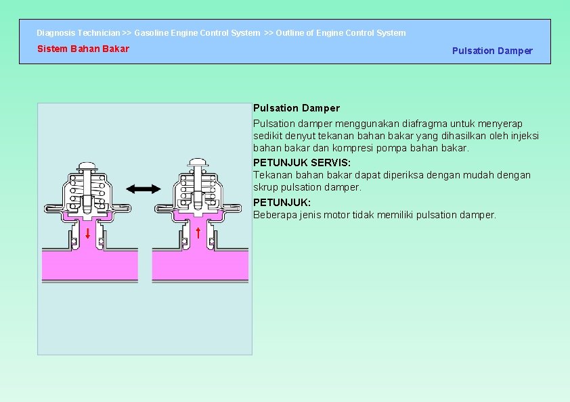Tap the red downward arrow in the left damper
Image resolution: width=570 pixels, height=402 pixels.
click(88, 234)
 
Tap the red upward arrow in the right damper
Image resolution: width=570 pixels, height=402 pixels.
click(197, 234)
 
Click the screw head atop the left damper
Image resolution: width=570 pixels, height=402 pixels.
click(87, 165)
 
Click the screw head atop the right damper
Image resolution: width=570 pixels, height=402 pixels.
click(197, 162)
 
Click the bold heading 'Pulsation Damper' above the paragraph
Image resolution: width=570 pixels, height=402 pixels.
click(297, 108)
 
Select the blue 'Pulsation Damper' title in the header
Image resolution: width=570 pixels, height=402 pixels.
click(492, 51)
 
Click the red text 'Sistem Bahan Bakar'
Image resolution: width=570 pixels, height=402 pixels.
click(83, 49)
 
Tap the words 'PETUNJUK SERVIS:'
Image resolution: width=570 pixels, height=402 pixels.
click(302, 163)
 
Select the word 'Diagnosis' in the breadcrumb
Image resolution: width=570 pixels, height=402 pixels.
click(56, 32)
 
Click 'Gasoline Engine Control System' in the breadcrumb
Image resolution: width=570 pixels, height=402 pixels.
click(197, 32)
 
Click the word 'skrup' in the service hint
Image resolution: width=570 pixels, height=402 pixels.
click(266, 187)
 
